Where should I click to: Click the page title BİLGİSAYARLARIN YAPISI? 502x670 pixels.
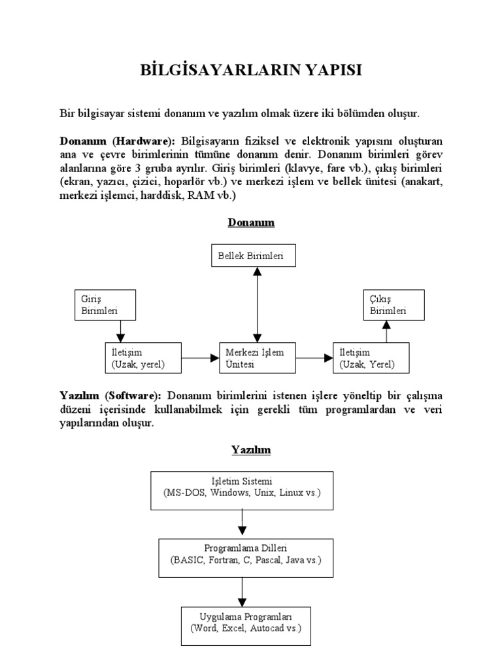pos(251,70)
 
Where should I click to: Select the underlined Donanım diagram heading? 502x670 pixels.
pos(251,222)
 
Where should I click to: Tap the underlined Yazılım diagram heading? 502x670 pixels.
pos(250,450)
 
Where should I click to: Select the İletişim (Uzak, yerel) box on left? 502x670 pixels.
pos(142,358)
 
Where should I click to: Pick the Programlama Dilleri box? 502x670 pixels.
pos(246,557)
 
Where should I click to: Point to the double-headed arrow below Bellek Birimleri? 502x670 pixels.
pos(258,304)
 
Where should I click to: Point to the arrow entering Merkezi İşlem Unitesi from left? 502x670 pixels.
pos(200,358)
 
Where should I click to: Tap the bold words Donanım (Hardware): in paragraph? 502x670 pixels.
pos(117,141)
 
